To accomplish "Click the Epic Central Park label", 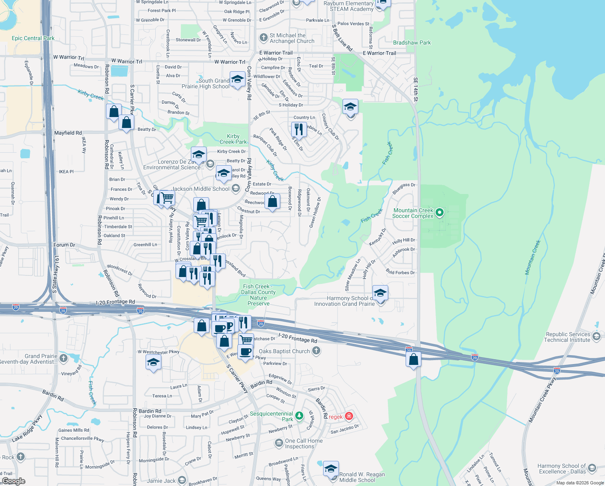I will point(33,38).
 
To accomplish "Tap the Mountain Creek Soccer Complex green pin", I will point(440,212).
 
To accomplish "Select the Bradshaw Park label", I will point(412,43).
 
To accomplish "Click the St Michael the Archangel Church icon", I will point(264,38).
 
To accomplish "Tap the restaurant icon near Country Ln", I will point(298,129).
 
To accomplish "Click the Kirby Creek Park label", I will point(233,139).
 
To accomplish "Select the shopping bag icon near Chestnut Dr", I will point(273,201).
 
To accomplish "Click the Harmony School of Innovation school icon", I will point(380,292).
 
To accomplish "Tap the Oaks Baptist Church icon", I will point(316,351).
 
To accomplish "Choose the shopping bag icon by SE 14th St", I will point(413,359).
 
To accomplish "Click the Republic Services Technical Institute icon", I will point(596,337).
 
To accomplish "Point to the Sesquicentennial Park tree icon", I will point(299,416).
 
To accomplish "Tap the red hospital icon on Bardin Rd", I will point(349,416).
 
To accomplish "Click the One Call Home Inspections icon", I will point(279,443).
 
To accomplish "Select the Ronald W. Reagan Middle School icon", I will point(331,469).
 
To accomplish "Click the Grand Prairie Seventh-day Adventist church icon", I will point(63,358).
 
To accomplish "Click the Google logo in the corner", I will point(13,481).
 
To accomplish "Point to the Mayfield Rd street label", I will point(68,133).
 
